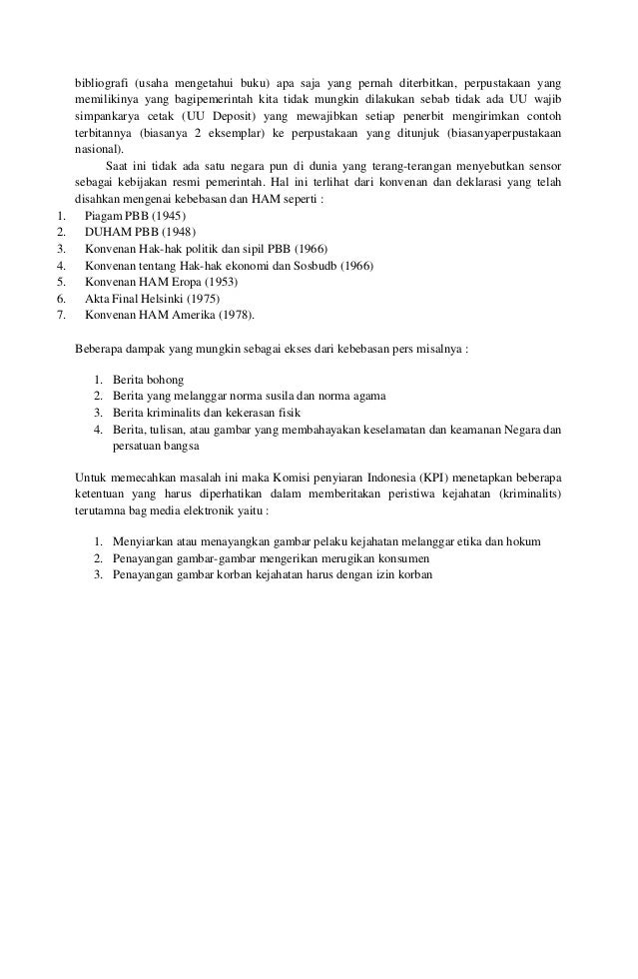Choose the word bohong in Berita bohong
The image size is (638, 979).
pos(165,380)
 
